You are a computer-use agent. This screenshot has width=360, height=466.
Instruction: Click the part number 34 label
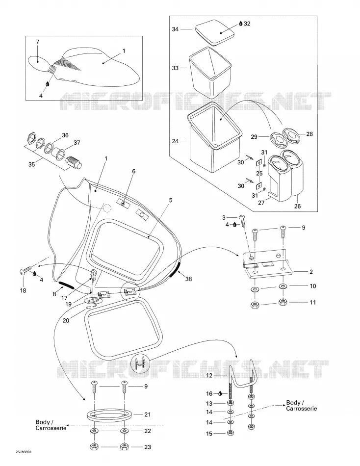point(176,29)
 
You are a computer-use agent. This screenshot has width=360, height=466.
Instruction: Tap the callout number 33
point(176,68)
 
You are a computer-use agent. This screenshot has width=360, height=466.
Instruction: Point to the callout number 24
point(176,141)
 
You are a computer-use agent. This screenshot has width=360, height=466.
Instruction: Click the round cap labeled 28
point(291,134)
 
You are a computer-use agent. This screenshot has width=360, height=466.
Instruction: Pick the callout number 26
point(297,206)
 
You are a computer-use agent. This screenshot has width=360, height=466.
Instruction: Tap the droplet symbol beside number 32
point(241,23)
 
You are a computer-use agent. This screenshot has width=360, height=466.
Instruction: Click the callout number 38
point(188,279)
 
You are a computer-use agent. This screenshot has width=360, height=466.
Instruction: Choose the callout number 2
point(311,272)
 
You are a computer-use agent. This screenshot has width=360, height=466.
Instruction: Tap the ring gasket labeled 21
point(109,414)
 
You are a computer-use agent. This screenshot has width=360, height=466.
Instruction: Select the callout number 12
point(209,375)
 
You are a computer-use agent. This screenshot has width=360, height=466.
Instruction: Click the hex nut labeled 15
point(230,433)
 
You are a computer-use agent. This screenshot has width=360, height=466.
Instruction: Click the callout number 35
point(31,164)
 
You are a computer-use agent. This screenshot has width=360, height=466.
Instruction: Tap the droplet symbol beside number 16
point(220,394)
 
